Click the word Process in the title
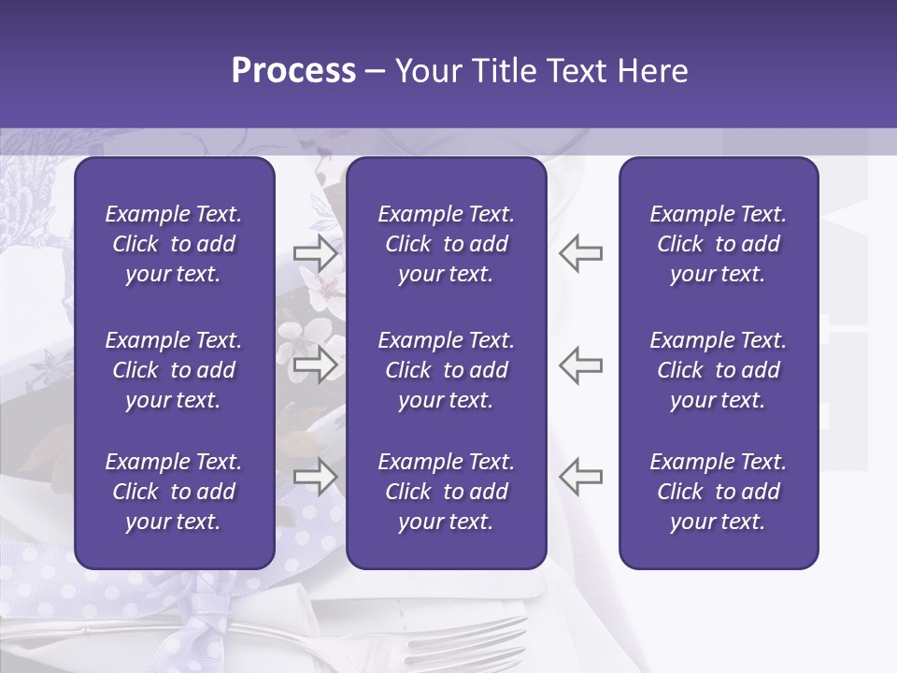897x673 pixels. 293,71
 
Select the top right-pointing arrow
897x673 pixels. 316,253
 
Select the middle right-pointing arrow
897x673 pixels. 316,365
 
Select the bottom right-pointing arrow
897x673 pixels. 316,477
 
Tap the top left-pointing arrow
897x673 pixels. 580,253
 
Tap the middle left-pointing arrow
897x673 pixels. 580,365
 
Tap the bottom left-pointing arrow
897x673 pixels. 580,477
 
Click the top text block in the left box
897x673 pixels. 174,244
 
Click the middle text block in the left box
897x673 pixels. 174,370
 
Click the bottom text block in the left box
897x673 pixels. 174,492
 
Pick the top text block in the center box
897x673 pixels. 446,244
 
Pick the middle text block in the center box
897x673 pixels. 446,370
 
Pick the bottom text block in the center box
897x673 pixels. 446,492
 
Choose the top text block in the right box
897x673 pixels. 719,244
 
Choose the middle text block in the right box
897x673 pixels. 719,370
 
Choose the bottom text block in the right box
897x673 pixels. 719,492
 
